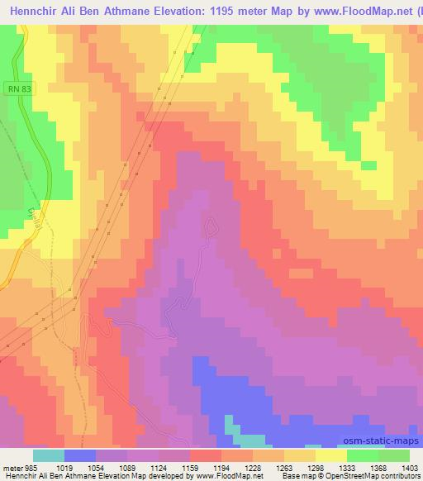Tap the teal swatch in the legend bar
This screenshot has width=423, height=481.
(x=49, y=455)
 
